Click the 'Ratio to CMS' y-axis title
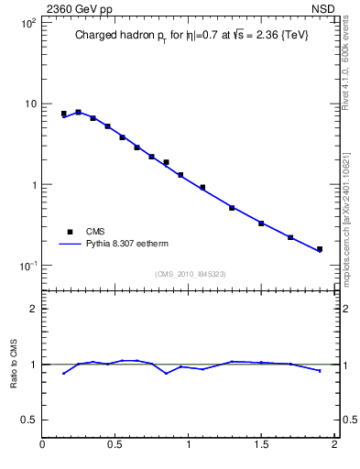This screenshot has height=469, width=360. (x=13, y=365)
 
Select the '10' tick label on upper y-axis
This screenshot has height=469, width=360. (x=30, y=104)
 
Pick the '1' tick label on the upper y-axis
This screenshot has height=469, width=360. (x=33, y=185)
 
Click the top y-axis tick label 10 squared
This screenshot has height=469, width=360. (x=29, y=23)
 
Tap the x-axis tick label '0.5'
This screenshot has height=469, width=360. (x=115, y=445)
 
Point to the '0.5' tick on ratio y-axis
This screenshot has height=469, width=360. (x=29, y=420)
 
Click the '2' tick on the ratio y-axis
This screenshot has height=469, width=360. (x=33, y=309)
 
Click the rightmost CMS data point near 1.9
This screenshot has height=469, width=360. (x=320, y=249)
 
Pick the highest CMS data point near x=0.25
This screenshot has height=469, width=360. (x=78, y=112)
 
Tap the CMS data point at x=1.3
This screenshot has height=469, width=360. (x=232, y=208)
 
